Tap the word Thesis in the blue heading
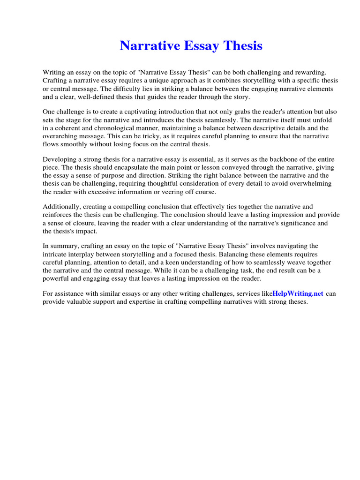tap(242, 46)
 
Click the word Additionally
tap(60, 207)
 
